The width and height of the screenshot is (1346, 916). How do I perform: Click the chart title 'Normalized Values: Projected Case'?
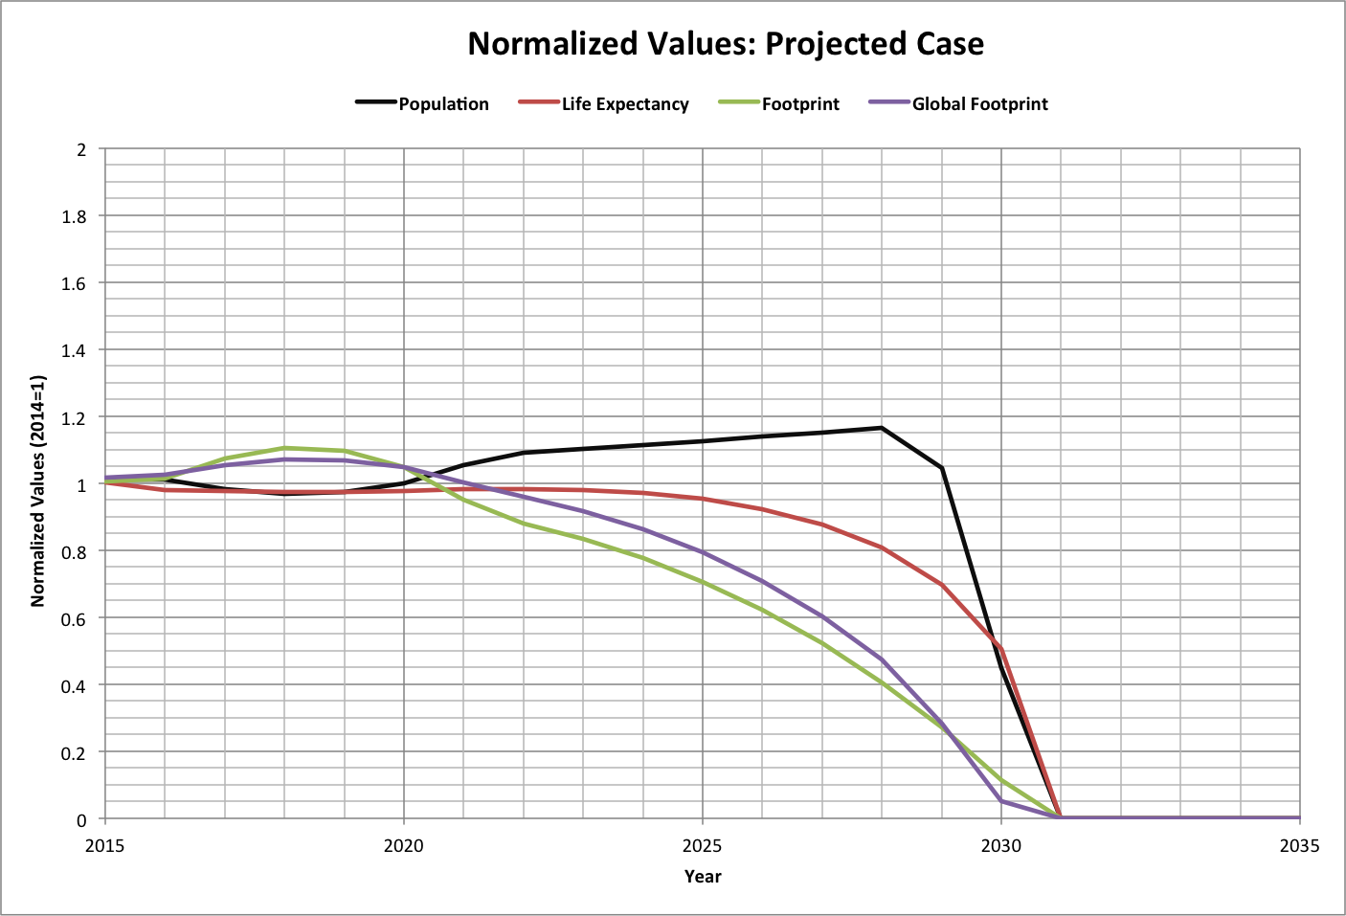point(725,44)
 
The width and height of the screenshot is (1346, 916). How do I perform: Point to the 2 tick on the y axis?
point(81,149)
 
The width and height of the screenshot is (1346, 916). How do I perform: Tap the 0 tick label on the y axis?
point(81,819)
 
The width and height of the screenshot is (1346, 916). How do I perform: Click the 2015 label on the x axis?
point(104,845)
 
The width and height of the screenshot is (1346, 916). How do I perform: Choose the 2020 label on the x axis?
point(403,845)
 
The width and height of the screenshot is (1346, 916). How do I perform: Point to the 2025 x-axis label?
point(703,845)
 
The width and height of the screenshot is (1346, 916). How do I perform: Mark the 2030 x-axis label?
point(1001,845)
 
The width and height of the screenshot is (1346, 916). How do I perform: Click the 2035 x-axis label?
point(1299,845)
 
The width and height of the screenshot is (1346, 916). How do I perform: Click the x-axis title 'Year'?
point(703,876)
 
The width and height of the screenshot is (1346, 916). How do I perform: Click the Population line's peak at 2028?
point(882,428)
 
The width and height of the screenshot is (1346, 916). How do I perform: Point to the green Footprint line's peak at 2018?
point(284,448)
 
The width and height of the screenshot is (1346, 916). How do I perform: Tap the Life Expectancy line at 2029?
point(942,585)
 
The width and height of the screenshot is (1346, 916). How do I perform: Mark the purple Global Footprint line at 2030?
point(1001,800)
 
